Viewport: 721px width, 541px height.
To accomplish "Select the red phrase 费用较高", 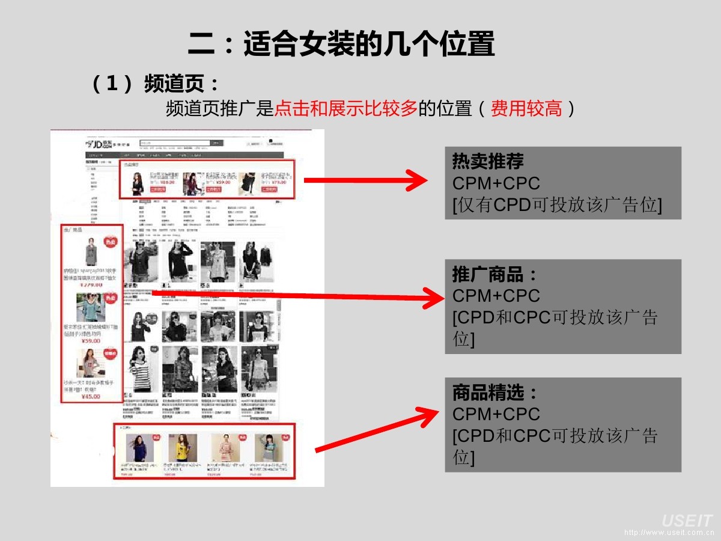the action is (x=526, y=109).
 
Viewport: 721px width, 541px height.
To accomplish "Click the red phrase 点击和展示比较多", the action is (x=345, y=109).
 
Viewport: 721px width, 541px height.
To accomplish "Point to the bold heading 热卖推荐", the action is (x=488, y=162).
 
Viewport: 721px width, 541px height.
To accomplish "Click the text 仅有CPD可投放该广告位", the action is (x=557, y=205).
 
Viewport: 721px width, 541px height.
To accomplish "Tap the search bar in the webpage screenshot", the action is (x=174, y=143).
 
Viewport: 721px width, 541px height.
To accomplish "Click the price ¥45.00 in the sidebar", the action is (x=91, y=397).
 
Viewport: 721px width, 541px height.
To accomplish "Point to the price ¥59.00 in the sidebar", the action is (x=91, y=341).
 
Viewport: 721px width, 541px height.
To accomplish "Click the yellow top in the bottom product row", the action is (x=182, y=447).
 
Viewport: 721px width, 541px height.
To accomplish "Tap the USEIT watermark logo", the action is (x=687, y=521).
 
